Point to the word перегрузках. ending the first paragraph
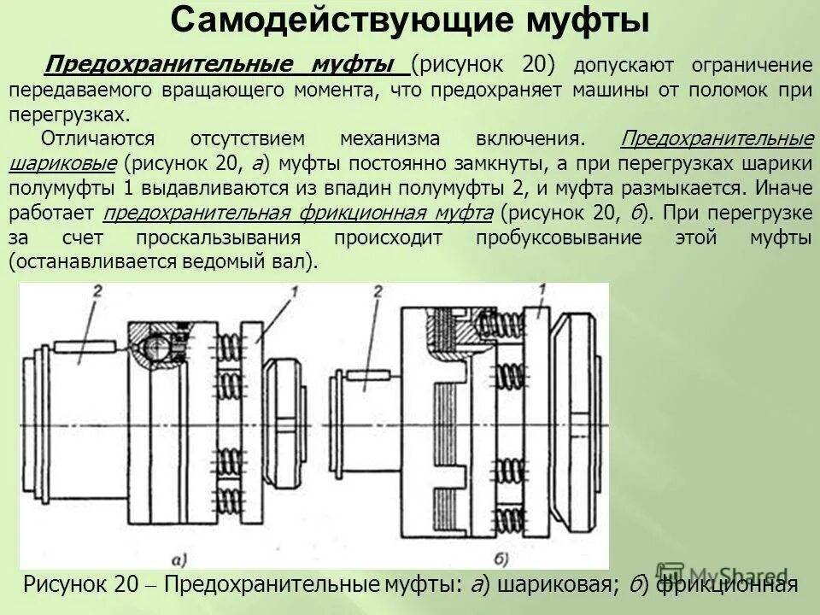pos(72,114)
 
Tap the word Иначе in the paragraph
pos(780,188)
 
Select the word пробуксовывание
pos(559,237)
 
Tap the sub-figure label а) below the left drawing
pos(179,560)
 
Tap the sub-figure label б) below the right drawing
pos(502,560)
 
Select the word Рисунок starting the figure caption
pos(65,585)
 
